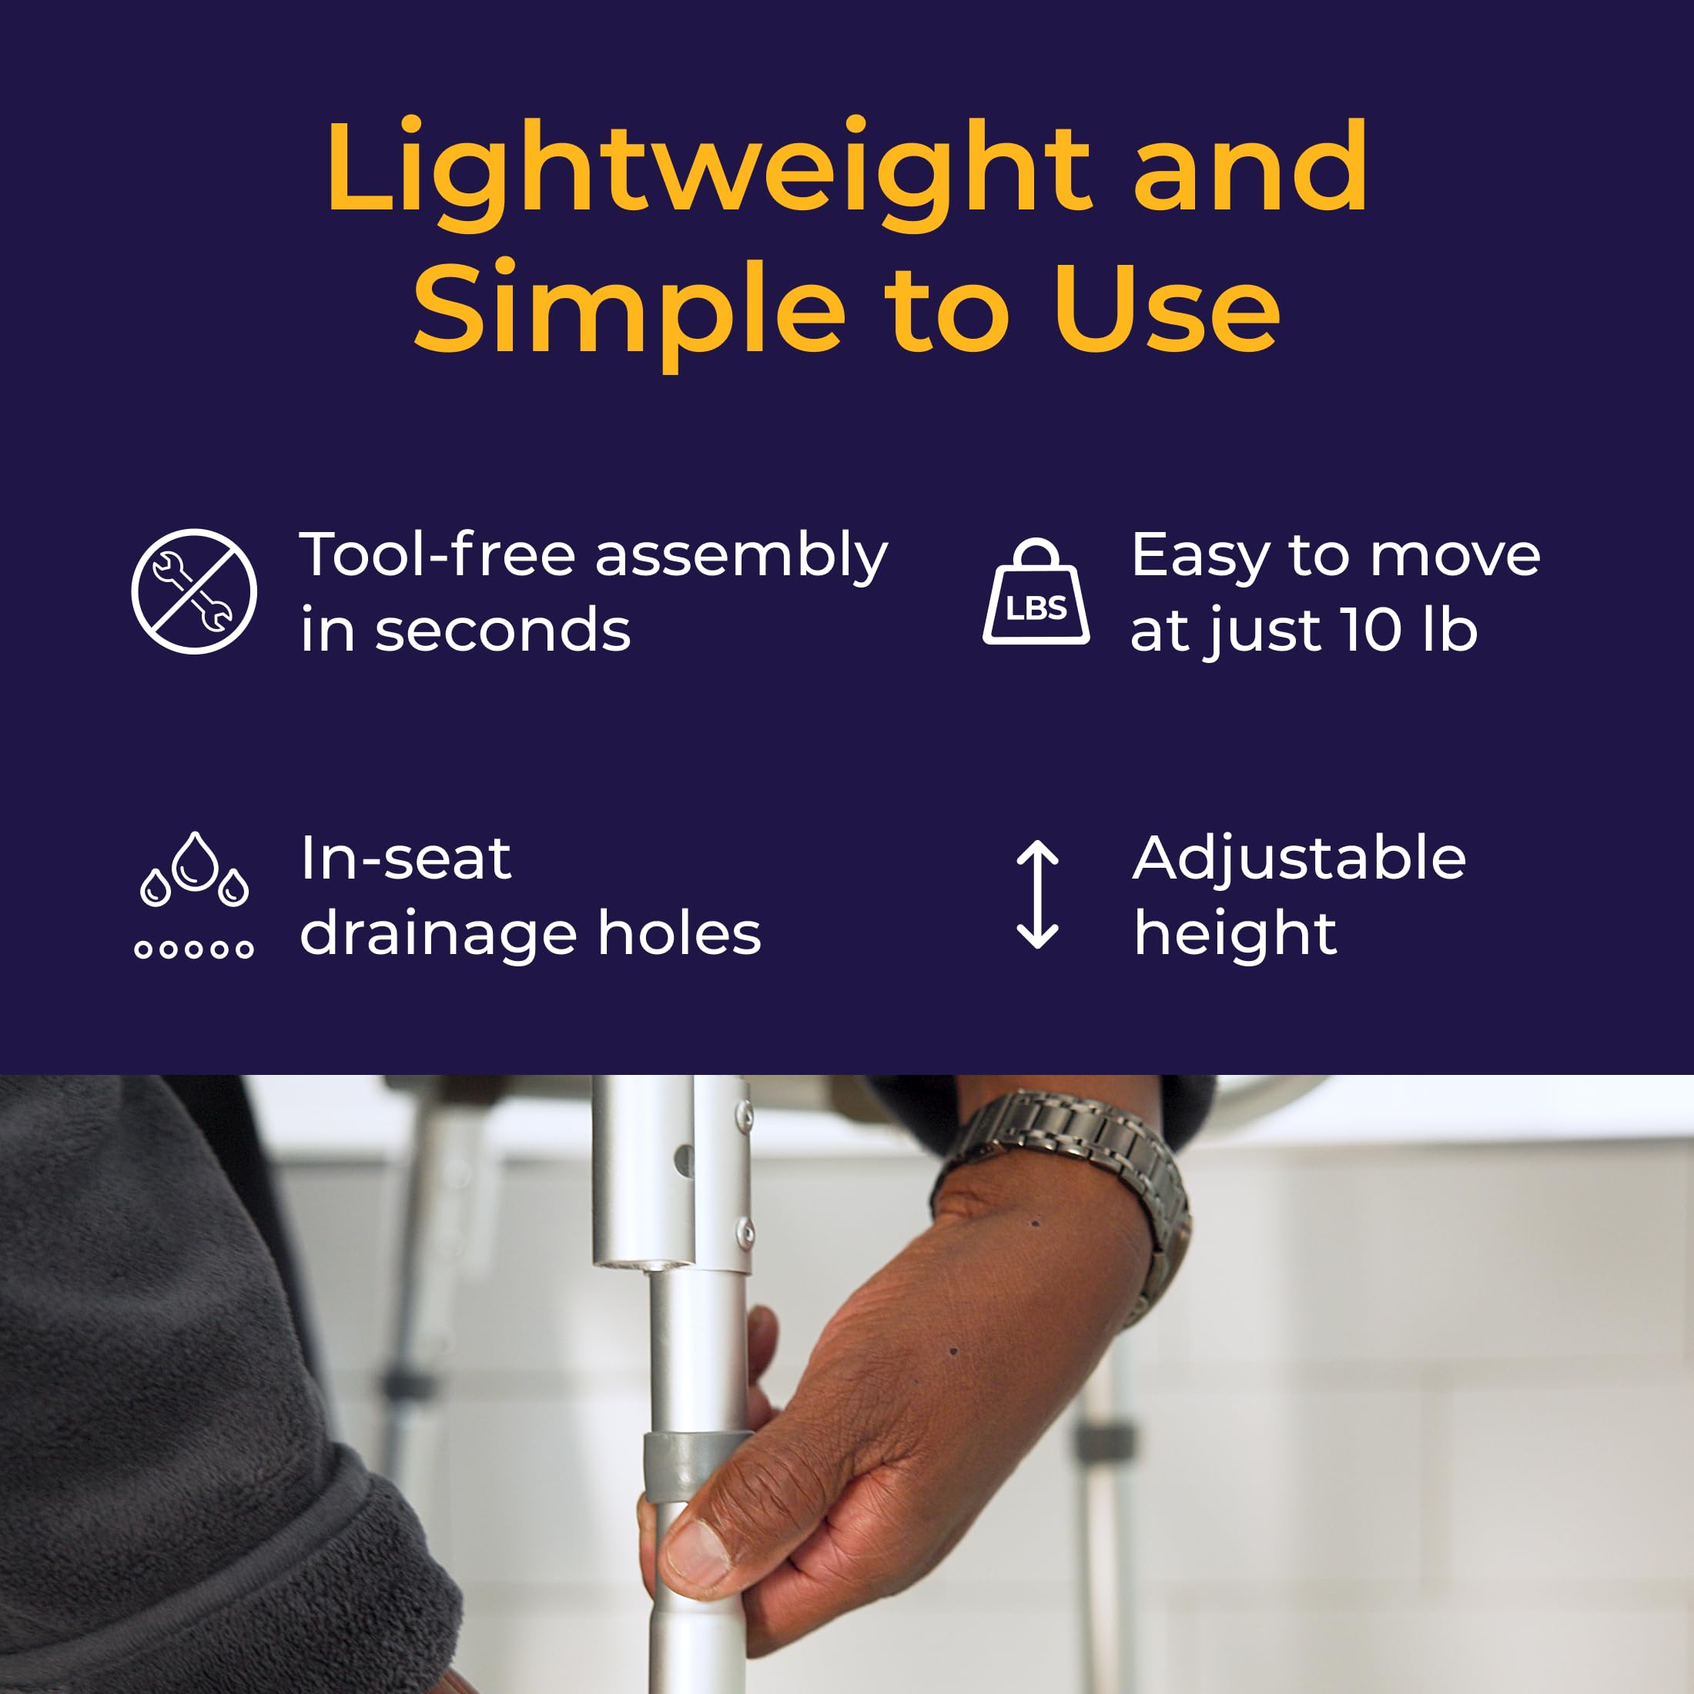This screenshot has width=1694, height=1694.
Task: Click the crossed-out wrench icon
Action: point(194,591)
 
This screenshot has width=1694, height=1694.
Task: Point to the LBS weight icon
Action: point(1036,592)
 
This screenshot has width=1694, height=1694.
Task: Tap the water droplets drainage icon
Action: point(195,896)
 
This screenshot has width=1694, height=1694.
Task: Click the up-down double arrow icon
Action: point(1037,896)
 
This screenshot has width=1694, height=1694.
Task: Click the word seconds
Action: point(502,631)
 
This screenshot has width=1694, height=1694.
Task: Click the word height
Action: point(1234,935)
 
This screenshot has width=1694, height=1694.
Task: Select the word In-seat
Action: point(405,859)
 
